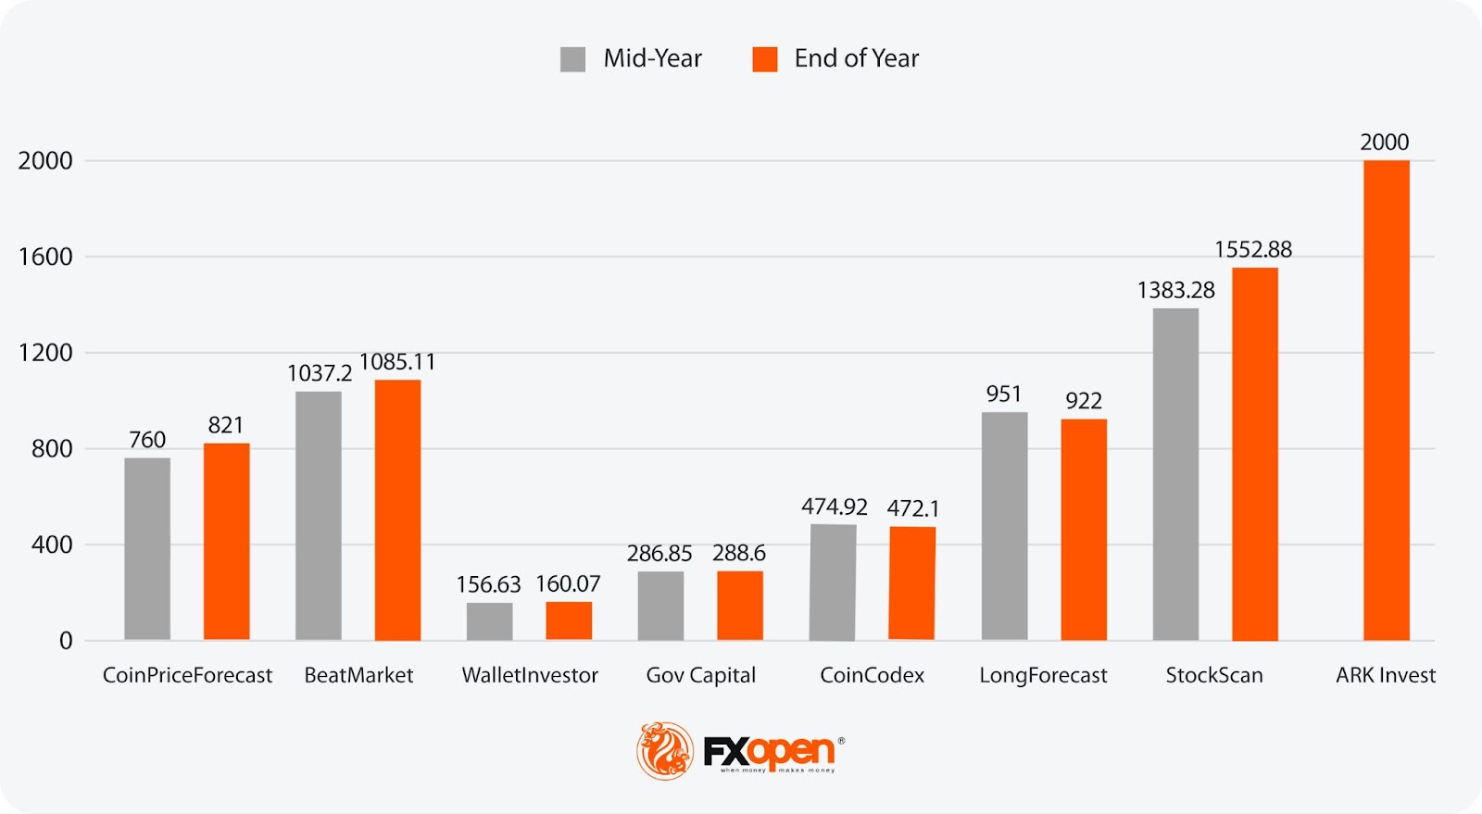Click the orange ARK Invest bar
click(1386, 400)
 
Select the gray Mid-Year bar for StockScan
click(1175, 474)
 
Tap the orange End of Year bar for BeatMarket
click(397, 509)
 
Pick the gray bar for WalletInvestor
click(489, 621)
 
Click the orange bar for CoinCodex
click(912, 583)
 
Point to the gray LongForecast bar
click(1004, 526)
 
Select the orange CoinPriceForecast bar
click(226, 542)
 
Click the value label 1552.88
click(1252, 249)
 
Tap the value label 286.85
click(659, 554)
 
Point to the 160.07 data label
click(568, 584)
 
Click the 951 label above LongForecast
click(1003, 394)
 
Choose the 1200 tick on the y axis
click(45, 353)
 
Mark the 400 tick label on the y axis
click(52, 545)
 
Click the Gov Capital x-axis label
click(700, 675)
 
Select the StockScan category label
click(1213, 675)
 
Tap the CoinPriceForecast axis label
click(187, 675)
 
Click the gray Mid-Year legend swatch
click(572, 59)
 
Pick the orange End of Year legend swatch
click(764, 59)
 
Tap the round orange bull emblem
click(664, 750)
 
